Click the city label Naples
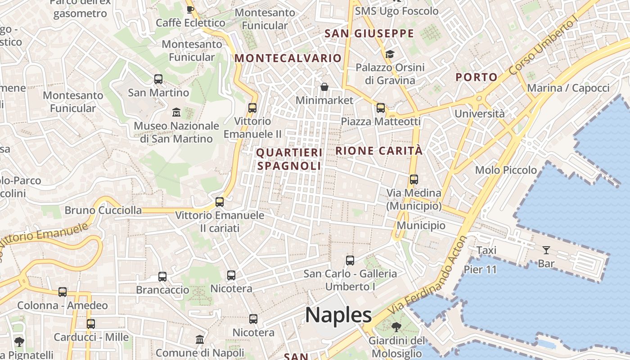pos(338,315)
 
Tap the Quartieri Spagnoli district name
pos(289,159)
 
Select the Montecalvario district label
pos(288,58)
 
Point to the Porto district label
pos(477,77)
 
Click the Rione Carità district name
pos(379,151)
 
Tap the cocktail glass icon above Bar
pos(546,250)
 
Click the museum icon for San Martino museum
pos(176,112)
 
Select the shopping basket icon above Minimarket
pos(324,86)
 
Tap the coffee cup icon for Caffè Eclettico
pos(190,9)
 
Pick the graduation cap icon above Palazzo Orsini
pos(390,54)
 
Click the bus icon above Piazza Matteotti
pos(381,108)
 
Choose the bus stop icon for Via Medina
pos(414,179)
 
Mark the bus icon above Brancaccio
pos(162,276)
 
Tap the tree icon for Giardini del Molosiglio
pos(396,327)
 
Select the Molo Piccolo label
pos(506,170)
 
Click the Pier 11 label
pos(480,270)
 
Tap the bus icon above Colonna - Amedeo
pos(63,292)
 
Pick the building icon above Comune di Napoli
pos(200,339)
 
